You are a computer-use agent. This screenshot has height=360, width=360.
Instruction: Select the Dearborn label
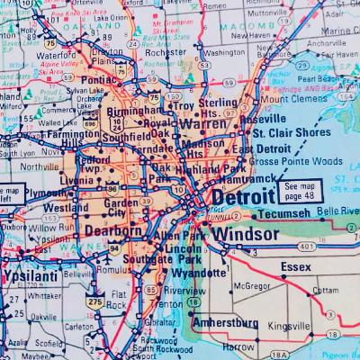tap(113, 230)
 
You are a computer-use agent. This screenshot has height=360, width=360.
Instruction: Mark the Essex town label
tap(295, 267)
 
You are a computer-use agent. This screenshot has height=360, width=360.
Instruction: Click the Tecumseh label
tap(281, 214)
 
